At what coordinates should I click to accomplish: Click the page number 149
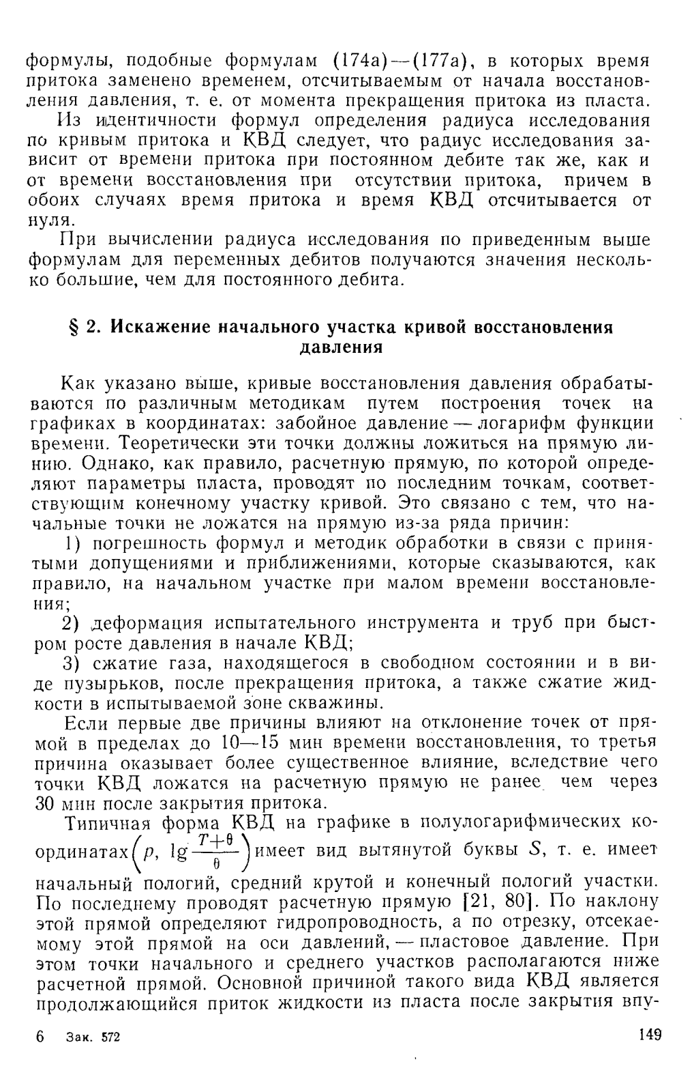click(x=650, y=1035)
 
